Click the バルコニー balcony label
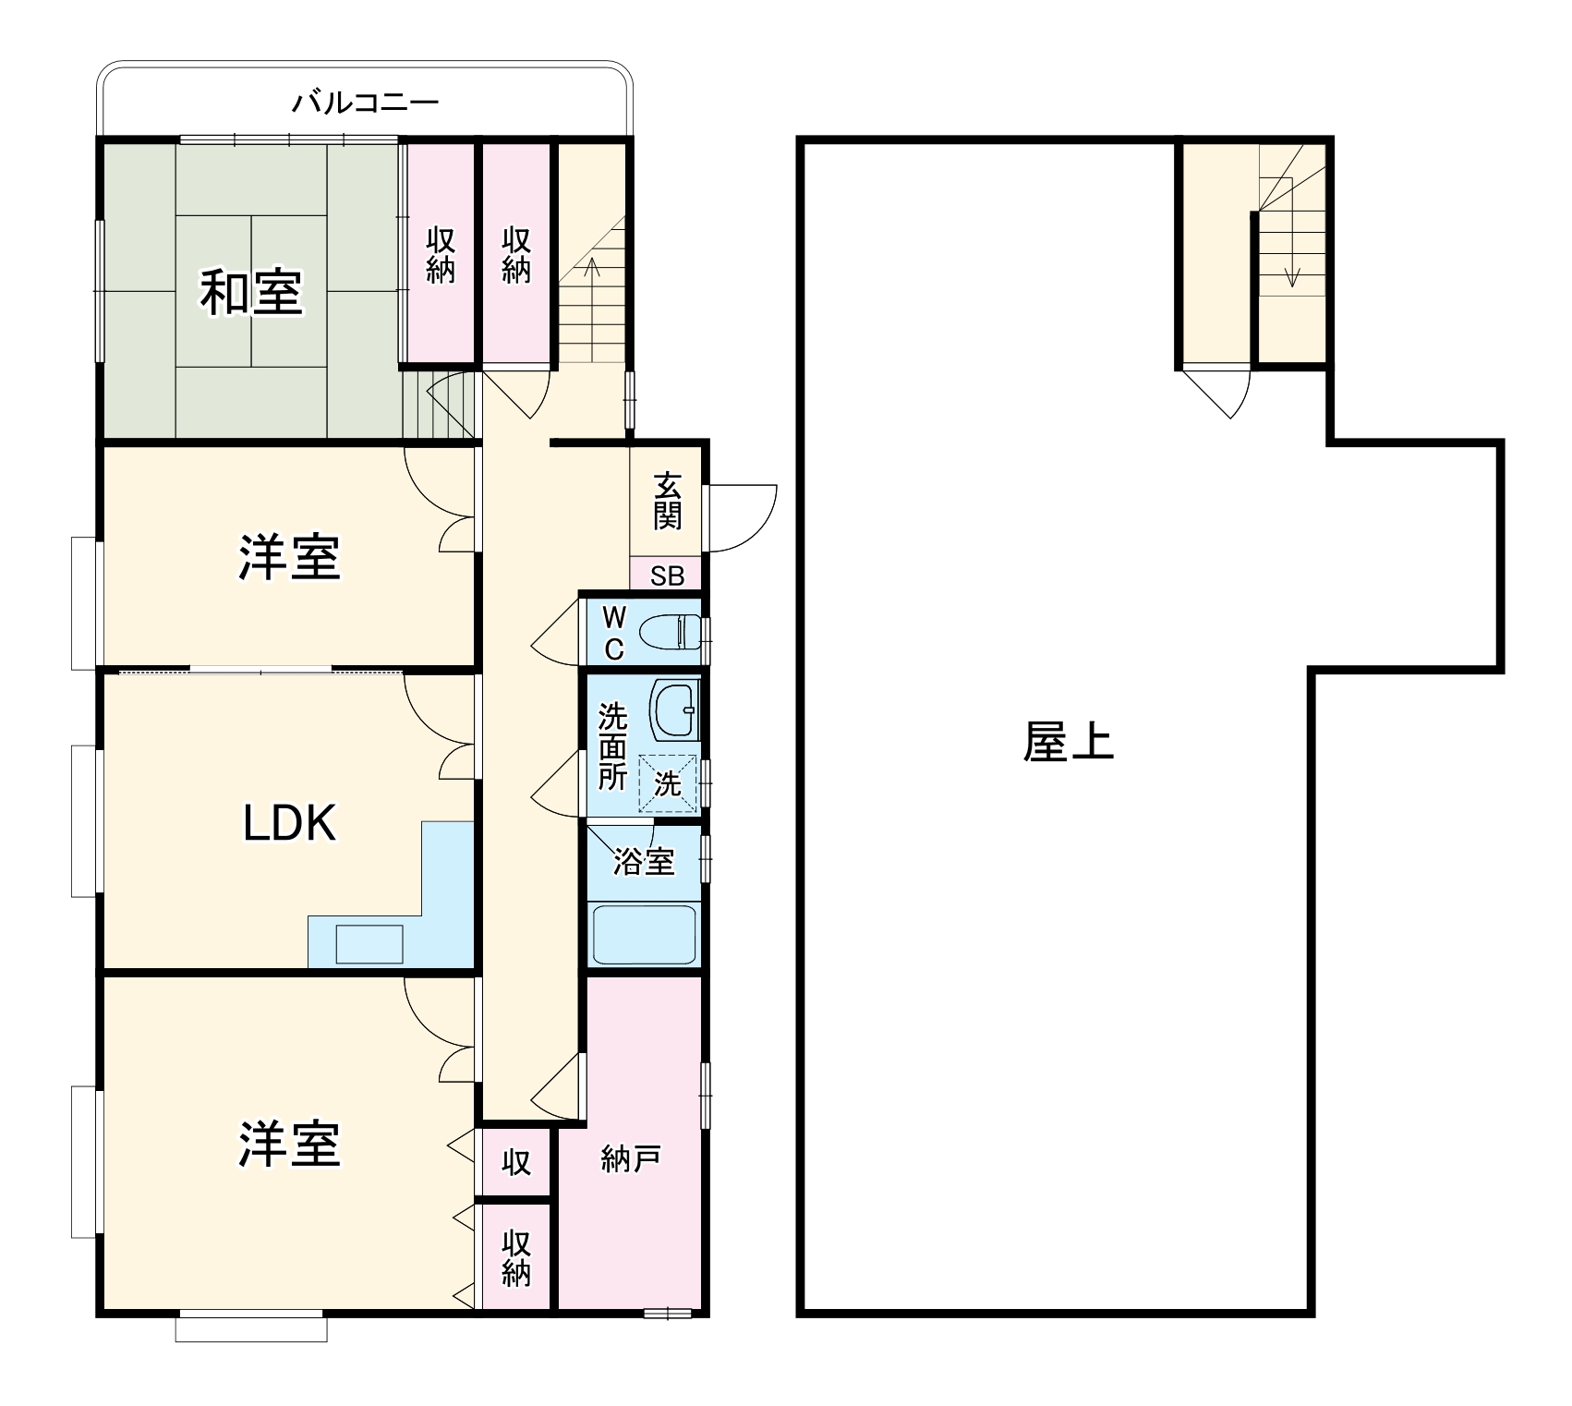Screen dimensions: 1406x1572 (x=365, y=102)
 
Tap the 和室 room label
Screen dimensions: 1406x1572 (x=251, y=292)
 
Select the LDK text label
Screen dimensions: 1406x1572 (x=289, y=823)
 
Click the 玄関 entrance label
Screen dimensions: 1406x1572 (x=667, y=501)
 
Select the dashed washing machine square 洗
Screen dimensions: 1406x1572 (x=668, y=784)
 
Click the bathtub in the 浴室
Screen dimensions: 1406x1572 (x=644, y=934)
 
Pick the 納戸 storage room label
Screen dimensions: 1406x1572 (x=630, y=1158)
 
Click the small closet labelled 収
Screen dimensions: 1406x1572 (x=516, y=1162)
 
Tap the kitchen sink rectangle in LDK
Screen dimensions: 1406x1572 (x=369, y=943)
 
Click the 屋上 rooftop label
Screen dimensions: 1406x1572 (x=1068, y=742)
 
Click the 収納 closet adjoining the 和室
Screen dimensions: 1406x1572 (x=441, y=255)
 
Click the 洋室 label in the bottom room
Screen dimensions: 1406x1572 (x=289, y=1145)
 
